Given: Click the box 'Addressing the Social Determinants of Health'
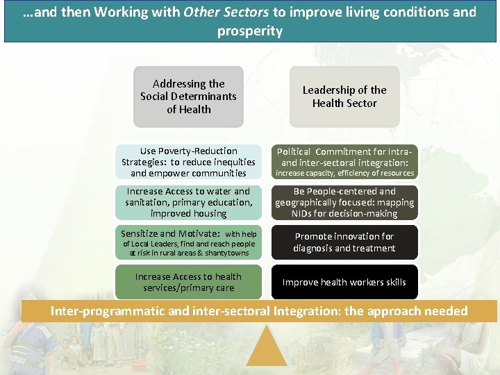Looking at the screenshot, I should [188, 97].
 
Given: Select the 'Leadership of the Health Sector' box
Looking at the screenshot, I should [344, 97].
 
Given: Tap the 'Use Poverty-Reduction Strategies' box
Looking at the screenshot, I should [188, 162].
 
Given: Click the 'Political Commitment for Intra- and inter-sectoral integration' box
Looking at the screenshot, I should [344, 162].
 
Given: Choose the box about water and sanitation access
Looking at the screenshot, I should [188, 202].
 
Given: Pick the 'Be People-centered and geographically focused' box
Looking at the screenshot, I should [344, 202].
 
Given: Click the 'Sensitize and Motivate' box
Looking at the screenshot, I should [188, 243].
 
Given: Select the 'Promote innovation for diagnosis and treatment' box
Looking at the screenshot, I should [344, 242].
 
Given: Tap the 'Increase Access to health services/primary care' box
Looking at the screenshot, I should [188, 282].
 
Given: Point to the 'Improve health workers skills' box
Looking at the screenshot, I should [344, 282].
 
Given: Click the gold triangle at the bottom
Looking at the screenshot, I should [266, 347].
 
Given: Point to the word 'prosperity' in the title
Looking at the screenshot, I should [249, 31].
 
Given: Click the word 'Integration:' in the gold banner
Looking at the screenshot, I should [307, 310].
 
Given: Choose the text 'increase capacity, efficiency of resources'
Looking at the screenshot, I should [345, 173].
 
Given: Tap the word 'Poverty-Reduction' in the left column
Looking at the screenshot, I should [198, 151].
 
